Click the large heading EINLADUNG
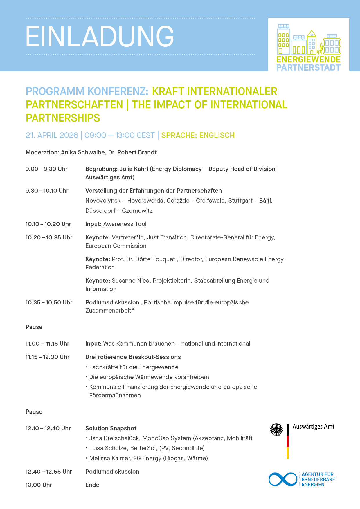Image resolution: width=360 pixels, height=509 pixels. [100, 36]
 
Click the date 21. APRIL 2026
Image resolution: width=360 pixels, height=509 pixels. [52, 135]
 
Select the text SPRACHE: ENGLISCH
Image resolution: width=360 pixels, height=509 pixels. [198, 135]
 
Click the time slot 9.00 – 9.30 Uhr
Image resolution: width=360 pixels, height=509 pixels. [46, 169]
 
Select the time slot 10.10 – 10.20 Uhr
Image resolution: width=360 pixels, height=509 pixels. [48, 224]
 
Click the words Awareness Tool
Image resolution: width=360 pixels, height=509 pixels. [125, 224]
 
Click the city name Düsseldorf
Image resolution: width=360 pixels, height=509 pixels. [100, 211]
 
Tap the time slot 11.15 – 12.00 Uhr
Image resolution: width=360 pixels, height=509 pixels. [47, 357]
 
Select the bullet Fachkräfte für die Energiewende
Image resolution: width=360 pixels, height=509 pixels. [134, 367]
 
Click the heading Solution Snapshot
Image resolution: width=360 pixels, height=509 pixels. [111, 428]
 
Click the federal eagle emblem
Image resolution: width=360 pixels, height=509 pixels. [276, 429]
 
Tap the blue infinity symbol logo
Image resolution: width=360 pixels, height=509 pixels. [283, 479]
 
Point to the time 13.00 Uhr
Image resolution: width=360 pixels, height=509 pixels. [39, 485]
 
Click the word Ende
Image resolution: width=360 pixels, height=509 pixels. [92, 485]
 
